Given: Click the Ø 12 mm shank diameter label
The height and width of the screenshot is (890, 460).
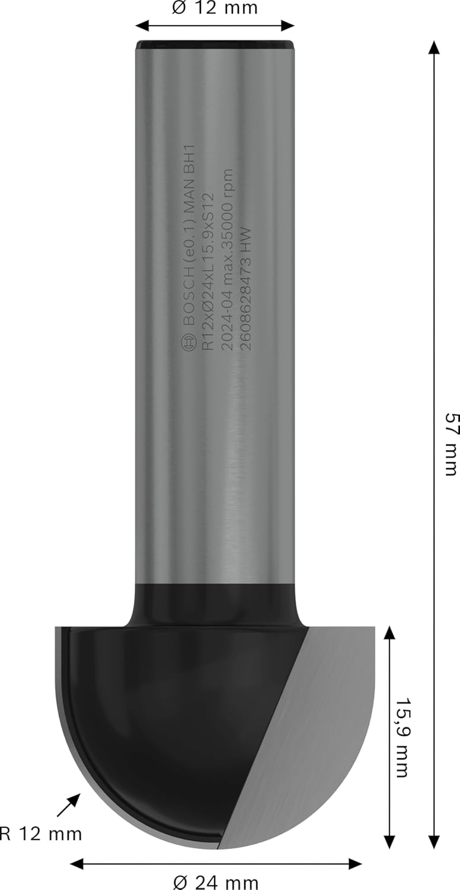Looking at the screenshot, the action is tap(215, 8).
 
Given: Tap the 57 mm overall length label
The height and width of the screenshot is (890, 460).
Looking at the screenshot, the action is tap(451, 444).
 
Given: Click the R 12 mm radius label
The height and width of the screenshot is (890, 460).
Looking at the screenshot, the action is tap(40, 833).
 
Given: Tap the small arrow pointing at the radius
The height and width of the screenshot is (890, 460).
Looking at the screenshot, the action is tap(69, 805).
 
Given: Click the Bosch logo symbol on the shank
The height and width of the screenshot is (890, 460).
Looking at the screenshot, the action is tap(188, 342).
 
